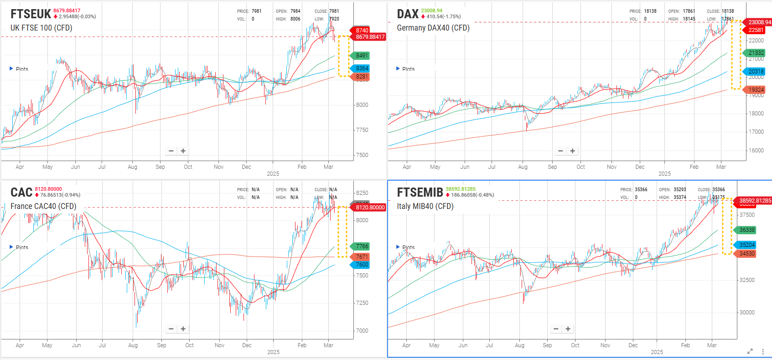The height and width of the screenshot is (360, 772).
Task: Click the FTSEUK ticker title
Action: (x=31, y=14)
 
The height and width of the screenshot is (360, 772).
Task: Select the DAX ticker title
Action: (x=407, y=14)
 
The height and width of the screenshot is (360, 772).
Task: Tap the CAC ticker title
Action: (x=21, y=193)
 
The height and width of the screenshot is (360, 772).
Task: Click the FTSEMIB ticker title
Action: (x=420, y=193)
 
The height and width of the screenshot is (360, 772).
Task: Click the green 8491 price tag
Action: (x=362, y=56)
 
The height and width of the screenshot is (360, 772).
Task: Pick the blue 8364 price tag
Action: (x=362, y=68)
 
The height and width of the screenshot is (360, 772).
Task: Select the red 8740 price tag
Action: (x=362, y=30)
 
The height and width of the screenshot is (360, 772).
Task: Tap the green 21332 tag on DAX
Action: (x=756, y=53)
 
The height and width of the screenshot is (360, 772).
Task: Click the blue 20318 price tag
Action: (x=756, y=72)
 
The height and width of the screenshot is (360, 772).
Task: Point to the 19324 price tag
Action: (x=756, y=90)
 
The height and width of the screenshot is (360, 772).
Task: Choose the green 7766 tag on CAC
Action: (x=362, y=246)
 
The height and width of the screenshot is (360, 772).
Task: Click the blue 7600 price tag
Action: (x=362, y=265)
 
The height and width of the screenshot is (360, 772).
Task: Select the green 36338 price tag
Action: (x=747, y=230)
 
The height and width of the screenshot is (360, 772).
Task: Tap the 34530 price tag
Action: (x=747, y=254)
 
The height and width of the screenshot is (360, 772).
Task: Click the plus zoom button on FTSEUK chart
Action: (x=183, y=151)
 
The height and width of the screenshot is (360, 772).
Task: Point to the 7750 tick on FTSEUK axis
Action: (x=362, y=130)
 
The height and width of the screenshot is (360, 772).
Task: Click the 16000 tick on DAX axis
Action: (x=756, y=151)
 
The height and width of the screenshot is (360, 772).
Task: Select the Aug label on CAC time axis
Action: (x=133, y=345)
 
